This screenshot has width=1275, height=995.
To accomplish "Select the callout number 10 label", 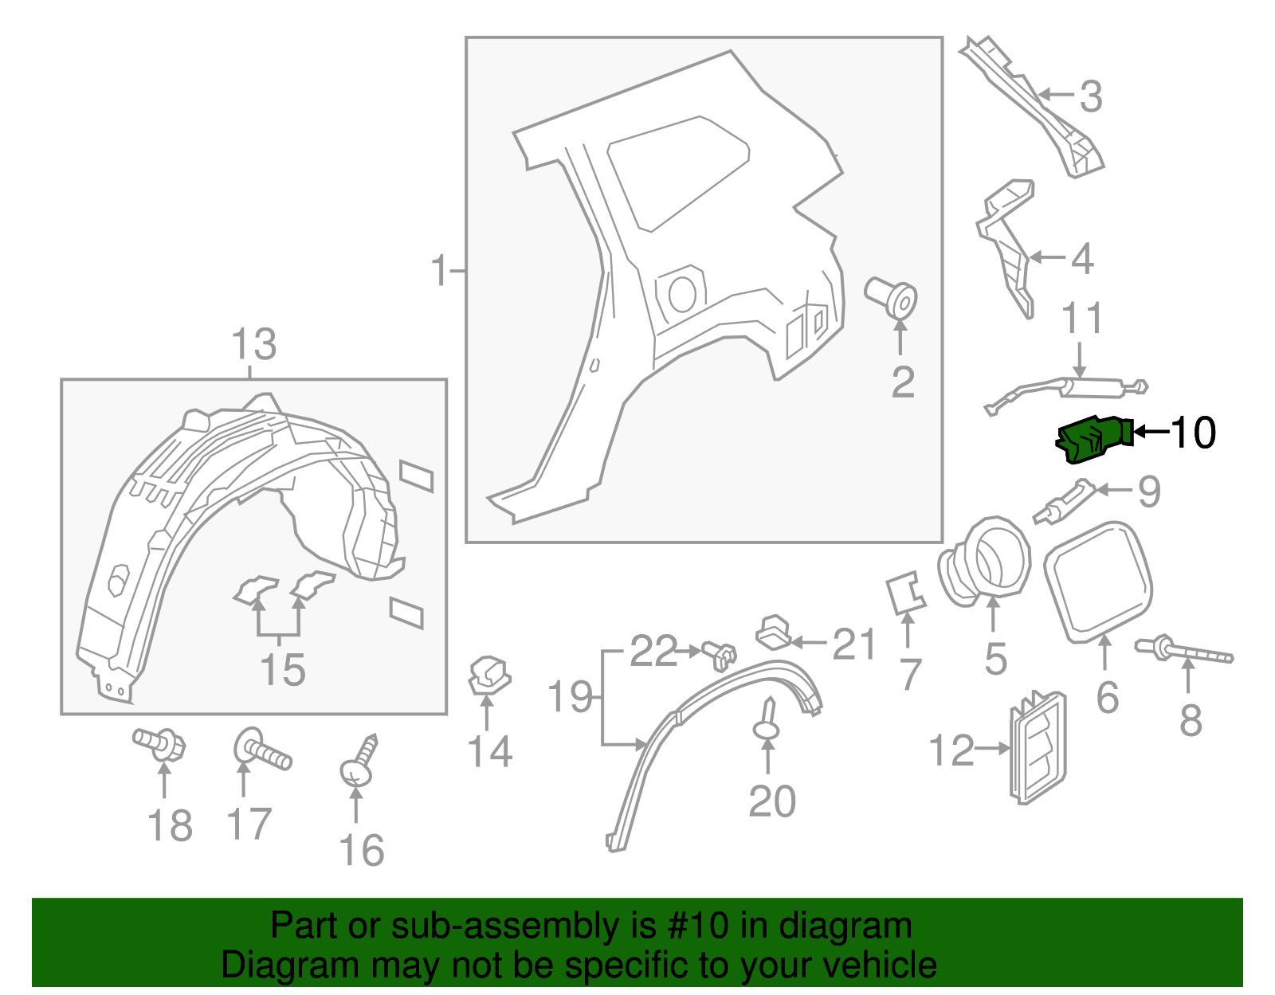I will pyautogui.click(x=1193, y=433).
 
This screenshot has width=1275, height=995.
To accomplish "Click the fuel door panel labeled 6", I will pyautogui.click(x=1098, y=582).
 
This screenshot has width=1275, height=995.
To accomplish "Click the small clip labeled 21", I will pyautogui.click(x=773, y=631).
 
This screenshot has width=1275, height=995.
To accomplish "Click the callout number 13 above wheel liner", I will pyautogui.click(x=253, y=345).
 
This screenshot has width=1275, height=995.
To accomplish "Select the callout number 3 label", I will pyautogui.click(x=1090, y=96).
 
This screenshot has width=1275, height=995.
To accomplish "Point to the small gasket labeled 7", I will pyautogui.click(x=905, y=593).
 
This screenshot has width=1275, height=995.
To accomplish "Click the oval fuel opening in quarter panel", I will pyautogui.click(x=683, y=294).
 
